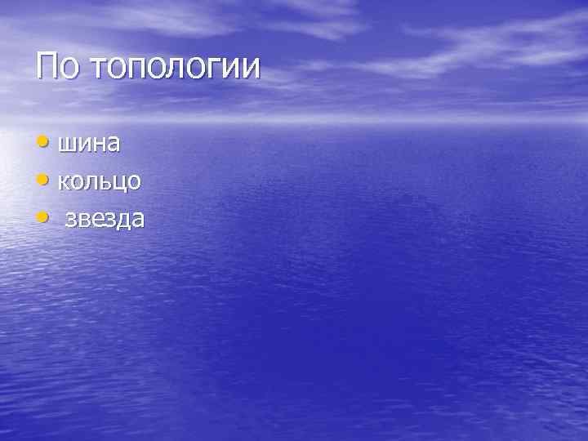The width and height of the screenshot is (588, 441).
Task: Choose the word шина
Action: pyautogui.click(x=89, y=144)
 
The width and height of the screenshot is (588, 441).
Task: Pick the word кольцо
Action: pyautogui.click(x=99, y=181)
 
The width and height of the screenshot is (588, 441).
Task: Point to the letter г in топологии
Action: pyautogui.click(x=213, y=69)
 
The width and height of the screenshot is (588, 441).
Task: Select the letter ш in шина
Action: pyautogui.click(x=66, y=145)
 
